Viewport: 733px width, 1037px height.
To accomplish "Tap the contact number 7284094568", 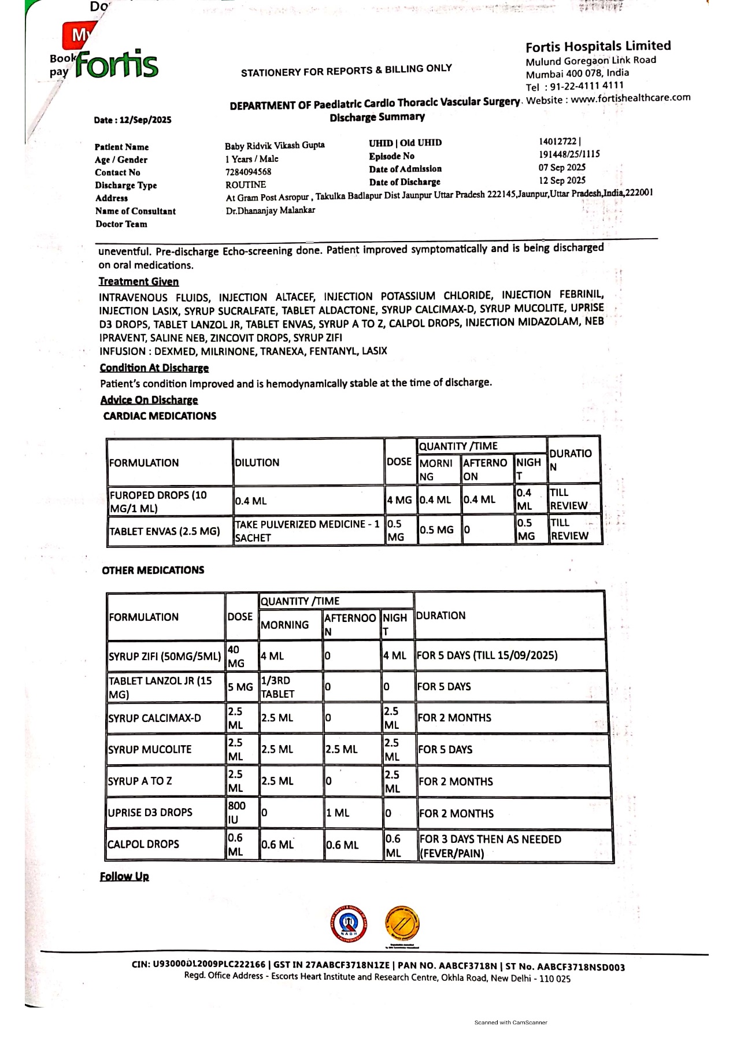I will [x=248, y=172].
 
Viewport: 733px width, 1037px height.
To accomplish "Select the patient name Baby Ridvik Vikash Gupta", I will [x=275, y=146].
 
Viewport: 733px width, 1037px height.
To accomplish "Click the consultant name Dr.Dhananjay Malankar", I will [x=270, y=210].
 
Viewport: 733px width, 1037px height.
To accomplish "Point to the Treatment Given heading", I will [x=138, y=282].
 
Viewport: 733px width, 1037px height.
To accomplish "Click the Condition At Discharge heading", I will [x=154, y=368].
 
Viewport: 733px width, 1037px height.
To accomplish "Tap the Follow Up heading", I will [x=124, y=876].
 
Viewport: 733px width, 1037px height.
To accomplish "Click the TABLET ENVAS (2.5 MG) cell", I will [x=165, y=531].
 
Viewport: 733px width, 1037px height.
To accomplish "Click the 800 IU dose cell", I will [x=236, y=812].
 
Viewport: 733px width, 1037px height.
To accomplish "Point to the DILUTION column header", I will [x=257, y=462].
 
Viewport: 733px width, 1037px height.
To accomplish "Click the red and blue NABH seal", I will [x=349, y=924].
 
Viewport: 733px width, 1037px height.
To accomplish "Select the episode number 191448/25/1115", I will [x=569, y=154].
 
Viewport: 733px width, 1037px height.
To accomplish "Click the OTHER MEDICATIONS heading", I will [x=153, y=570].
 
